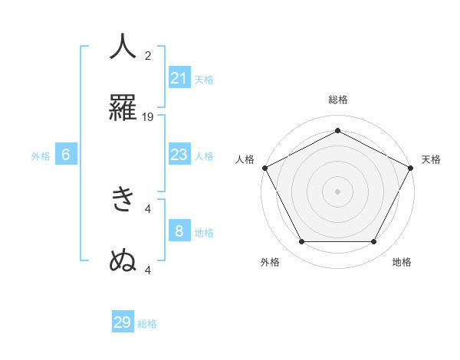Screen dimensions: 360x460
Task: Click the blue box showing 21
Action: (x=179, y=78)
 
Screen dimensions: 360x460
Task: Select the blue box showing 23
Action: (x=179, y=155)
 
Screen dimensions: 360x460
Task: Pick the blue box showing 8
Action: (x=179, y=231)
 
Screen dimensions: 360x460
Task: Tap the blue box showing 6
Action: (x=66, y=155)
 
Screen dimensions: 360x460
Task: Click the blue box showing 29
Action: (x=123, y=322)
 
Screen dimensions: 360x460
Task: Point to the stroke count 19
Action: (x=149, y=117)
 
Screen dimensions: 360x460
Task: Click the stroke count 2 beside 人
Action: (x=149, y=56)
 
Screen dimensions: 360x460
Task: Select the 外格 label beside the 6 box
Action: (x=41, y=155)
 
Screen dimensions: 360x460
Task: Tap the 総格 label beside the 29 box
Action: (x=147, y=324)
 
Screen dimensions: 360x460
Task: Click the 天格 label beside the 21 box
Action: (x=204, y=79)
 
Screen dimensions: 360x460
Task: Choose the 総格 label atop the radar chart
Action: (x=338, y=100)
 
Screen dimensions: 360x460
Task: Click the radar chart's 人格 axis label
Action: (x=245, y=159)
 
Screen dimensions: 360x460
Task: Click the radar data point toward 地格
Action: (x=373, y=242)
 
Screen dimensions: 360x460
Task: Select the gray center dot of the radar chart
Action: (x=338, y=191)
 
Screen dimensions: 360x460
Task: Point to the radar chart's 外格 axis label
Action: (x=270, y=262)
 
